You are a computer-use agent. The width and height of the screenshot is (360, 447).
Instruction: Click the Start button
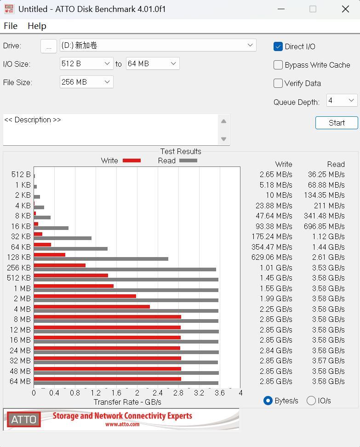337,123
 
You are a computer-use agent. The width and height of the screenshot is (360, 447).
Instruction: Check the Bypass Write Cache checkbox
278,65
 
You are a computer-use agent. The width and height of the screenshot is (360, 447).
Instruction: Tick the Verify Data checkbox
278,83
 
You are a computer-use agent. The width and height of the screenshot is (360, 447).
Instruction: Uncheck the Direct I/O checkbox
278,46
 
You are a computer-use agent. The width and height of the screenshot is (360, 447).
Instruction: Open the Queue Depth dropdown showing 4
342,100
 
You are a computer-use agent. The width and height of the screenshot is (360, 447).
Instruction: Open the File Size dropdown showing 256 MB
86,82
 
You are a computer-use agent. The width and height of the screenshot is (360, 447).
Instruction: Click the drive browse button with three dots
49,46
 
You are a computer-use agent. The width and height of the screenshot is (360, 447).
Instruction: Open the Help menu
37,26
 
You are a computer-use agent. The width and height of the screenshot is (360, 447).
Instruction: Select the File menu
10,26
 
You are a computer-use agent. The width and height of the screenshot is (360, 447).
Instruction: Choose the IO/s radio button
311,401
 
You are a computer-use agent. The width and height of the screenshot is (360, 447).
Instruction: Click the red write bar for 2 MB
85,296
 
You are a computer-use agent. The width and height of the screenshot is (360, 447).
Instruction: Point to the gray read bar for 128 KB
101,259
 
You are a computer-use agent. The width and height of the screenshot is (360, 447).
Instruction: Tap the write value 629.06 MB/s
272,257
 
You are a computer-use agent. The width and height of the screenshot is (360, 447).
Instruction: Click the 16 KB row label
21,226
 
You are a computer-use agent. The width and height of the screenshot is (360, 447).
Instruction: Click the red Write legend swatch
131,160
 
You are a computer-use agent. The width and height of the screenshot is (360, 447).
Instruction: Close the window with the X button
345,9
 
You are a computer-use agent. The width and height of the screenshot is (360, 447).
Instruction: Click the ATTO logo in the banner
24,419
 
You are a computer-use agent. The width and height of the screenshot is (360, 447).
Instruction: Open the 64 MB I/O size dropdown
152,63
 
